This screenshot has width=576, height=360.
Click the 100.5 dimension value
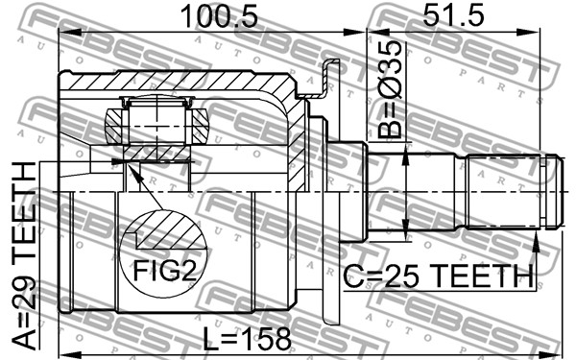click(x=219, y=16)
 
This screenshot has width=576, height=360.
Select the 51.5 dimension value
click(x=453, y=14)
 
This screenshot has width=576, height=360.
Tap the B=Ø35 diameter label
click(x=390, y=89)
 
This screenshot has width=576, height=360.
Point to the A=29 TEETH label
click(x=24, y=255)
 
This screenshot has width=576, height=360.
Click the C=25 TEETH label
click(x=438, y=276)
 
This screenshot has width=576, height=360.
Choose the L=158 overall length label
click(x=247, y=338)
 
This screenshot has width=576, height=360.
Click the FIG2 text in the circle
click(x=164, y=271)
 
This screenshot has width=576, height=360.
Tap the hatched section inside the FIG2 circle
click(x=167, y=229)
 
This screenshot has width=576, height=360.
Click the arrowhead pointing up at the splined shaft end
click(x=536, y=244)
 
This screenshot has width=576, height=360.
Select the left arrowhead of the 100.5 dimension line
click(x=70, y=33)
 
